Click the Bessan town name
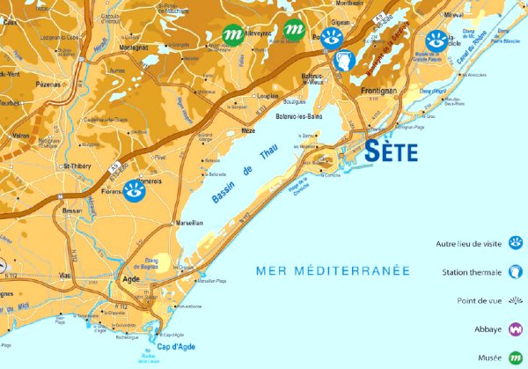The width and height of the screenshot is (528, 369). [73, 211]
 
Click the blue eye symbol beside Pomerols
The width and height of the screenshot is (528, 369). [134, 190]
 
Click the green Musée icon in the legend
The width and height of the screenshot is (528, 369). [515, 358]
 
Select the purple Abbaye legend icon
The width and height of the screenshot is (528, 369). [515, 329]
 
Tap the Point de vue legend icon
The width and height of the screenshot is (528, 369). [515, 300]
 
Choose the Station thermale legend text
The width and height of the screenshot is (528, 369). [471, 272]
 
